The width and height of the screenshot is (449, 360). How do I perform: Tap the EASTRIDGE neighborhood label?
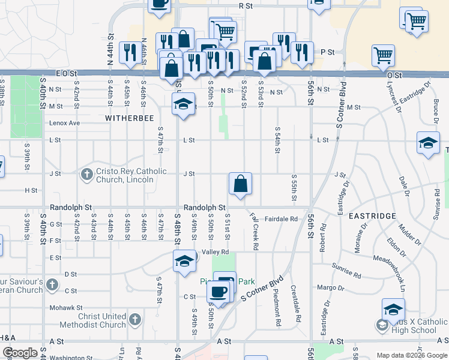pyautogui.click(x=375, y=216)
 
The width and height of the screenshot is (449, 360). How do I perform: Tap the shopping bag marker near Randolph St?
pyautogui.click(x=240, y=184)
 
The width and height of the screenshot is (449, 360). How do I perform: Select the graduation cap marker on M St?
pyautogui.click(x=184, y=104)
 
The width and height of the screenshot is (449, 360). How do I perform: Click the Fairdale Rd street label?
pyautogui.click(x=281, y=219)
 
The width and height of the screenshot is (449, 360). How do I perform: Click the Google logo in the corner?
pyautogui.click(x=20, y=353)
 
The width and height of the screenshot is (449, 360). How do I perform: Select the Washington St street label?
pyautogui.click(x=70, y=358)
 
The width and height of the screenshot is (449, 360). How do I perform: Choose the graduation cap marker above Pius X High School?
pyautogui.click(x=393, y=310)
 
